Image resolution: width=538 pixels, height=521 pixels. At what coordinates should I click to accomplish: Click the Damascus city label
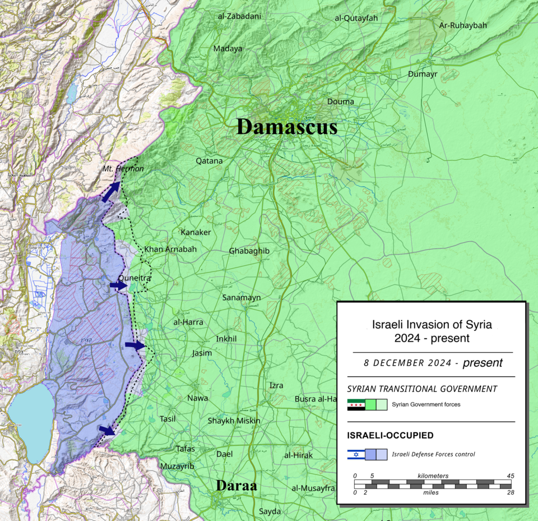[287, 127]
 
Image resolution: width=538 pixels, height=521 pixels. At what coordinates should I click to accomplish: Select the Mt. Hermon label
[123, 168]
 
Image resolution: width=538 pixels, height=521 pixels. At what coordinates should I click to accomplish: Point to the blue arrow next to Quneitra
[118, 285]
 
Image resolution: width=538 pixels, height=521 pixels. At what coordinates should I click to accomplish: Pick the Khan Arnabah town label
[170, 249]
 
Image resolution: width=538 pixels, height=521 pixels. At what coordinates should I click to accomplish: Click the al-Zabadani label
[239, 16]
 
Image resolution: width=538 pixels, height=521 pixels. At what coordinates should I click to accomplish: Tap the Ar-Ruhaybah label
[463, 25]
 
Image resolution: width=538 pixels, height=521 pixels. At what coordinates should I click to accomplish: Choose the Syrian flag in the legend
[356, 404]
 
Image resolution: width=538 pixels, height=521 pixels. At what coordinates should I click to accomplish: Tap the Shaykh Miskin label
[234, 421]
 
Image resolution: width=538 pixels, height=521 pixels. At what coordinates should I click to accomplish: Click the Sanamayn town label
[242, 297]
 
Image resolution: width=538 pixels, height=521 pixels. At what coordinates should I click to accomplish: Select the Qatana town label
[209, 161]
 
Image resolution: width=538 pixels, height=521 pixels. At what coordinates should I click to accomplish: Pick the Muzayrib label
[177, 466]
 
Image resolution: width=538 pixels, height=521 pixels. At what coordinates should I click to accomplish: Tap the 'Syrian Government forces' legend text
[426, 404]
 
